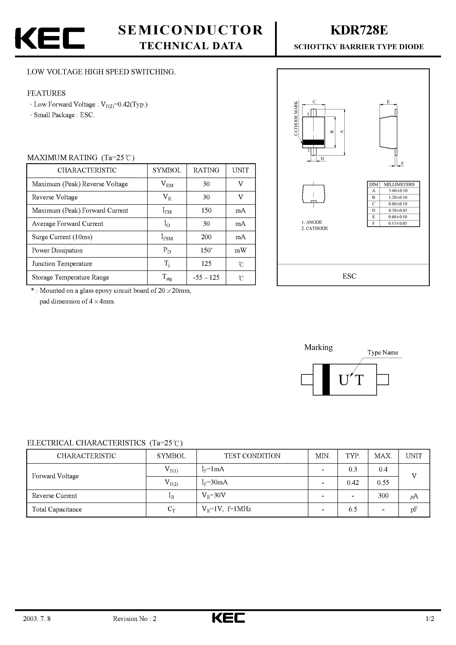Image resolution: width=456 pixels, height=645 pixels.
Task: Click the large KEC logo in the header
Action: (50, 38)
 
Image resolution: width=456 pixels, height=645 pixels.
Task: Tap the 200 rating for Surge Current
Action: (206, 237)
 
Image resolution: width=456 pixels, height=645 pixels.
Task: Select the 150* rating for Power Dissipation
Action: (206, 250)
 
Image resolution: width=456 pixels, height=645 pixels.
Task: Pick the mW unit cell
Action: (240, 250)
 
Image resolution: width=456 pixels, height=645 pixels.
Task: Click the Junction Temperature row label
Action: (62, 264)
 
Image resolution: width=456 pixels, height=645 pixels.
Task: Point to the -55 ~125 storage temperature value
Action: (206, 277)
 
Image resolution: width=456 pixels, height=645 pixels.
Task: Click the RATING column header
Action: (206, 170)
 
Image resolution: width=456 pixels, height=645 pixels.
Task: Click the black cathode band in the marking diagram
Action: (326, 380)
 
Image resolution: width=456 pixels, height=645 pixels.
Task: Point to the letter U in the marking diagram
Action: (344, 380)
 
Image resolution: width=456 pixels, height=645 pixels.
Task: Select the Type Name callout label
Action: (383, 352)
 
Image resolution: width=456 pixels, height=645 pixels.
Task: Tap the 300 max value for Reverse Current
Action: (383, 495)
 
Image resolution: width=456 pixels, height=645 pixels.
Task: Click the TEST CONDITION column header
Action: (252, 456)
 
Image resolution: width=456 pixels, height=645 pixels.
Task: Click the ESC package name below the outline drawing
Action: (349, 276)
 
